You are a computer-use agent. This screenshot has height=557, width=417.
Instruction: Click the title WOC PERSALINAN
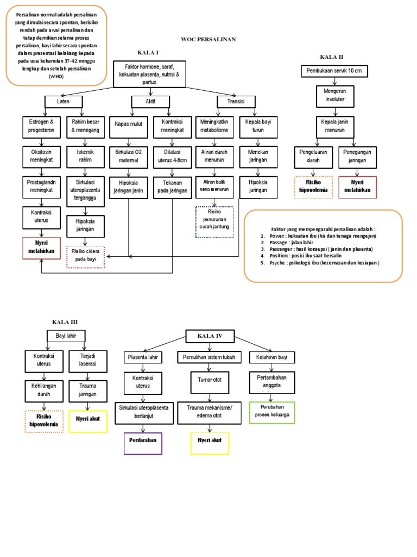[208, 40]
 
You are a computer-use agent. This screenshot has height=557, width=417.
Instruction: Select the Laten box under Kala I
[62, 101]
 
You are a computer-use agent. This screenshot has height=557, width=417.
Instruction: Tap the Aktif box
[150, 101]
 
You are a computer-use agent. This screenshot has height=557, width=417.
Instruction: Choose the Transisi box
[237, 101]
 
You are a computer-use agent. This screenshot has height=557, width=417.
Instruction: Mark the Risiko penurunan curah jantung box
[214, 221]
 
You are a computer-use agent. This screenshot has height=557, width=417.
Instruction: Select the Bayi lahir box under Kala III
[66, 335]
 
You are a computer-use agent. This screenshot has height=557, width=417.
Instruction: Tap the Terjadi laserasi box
[88, 360]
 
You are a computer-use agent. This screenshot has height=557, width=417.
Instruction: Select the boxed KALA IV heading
[210, 337]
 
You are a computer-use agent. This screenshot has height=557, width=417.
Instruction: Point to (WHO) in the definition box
[56, 77]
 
